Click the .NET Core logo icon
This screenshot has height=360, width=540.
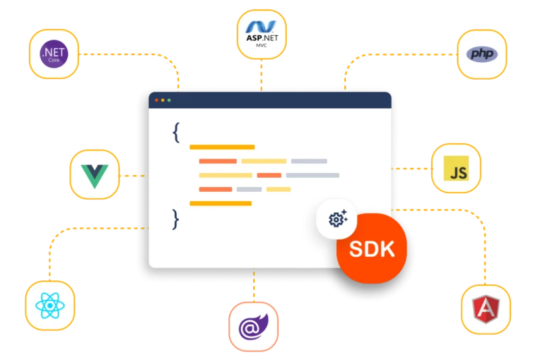click(x=54, y=53)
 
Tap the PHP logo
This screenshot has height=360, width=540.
click(x=482, y=53)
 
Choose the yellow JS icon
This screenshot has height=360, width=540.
click(x=456, y=168)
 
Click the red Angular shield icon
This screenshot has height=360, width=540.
click(x=485, y=308)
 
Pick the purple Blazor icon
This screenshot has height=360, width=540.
click(x=253, y=327)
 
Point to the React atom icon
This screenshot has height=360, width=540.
click(x=49, y=305)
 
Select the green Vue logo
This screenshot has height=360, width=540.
click(x=95, y=174)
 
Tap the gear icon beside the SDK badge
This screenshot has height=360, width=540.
click(x=337, y=219)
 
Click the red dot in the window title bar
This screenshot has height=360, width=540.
click(x=157, y=100)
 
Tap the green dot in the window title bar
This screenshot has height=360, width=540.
click(x=169, y=100)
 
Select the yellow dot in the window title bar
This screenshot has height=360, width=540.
click(x=163, y=100)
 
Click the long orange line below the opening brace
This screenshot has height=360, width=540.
click(x=222, y=147)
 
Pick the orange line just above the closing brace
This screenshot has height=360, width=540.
click(x=221, y=203)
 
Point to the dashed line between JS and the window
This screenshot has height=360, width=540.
click(x=411, y=168)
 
